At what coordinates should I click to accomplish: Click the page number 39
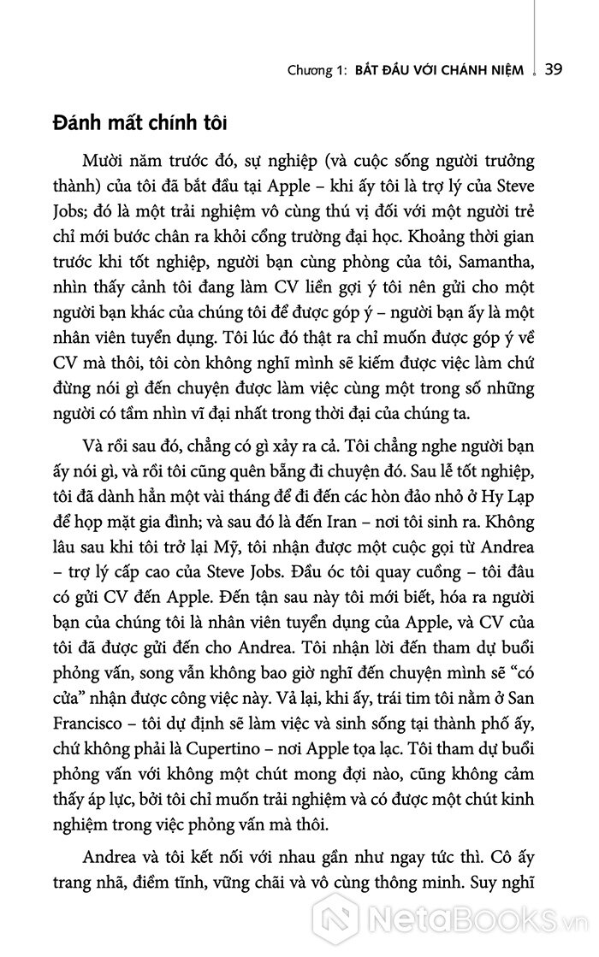pyautogui.click(x=552, y=70)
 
